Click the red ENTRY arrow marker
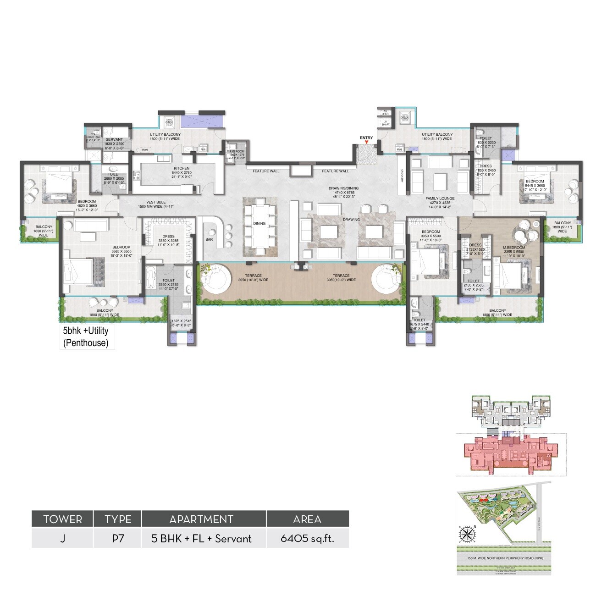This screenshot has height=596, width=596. coord(366,142)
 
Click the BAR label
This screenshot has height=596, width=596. coord(209,239)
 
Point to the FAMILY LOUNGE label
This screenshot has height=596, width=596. coord(440,199)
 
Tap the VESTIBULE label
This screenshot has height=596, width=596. coord(156,202)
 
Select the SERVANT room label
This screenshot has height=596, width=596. coord(114,139)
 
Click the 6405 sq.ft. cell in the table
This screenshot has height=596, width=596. coord(307,538)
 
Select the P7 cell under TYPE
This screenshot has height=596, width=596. coord(118,538)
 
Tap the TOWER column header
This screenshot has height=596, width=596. coord(62,519)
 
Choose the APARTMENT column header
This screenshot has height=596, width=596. coord(201,519)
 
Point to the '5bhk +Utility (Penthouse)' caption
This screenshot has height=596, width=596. coord(86,337)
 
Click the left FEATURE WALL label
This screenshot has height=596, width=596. coord(266,171)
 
